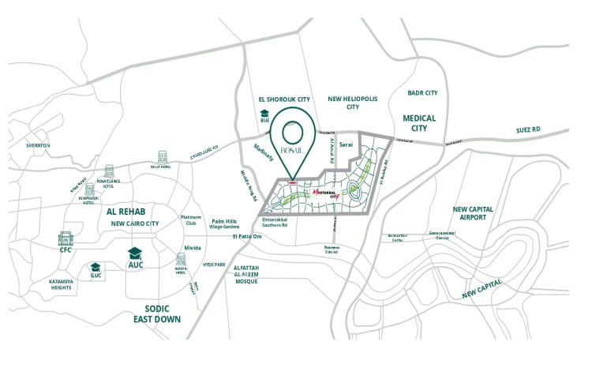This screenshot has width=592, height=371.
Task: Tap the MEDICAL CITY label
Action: click(419, 122)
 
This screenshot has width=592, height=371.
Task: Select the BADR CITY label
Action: click(422, 92)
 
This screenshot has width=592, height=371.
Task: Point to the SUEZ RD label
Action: click(528, 129)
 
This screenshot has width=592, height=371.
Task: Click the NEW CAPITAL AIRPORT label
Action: click(473, 214)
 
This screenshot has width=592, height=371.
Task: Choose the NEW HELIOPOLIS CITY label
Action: click(352, 102)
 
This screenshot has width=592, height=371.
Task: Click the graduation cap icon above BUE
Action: click(264, 113)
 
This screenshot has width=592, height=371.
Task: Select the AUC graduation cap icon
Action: click(135, 253)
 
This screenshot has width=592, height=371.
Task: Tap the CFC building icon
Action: click(66, 238)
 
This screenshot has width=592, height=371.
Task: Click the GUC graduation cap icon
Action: click(96, 268)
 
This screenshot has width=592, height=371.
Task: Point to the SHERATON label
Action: click(37, 145)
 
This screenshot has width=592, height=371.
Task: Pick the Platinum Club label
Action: click(191, 221)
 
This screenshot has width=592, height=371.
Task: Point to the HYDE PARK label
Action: click(214, 264)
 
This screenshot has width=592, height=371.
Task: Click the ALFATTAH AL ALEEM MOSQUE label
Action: click(252, 275)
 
